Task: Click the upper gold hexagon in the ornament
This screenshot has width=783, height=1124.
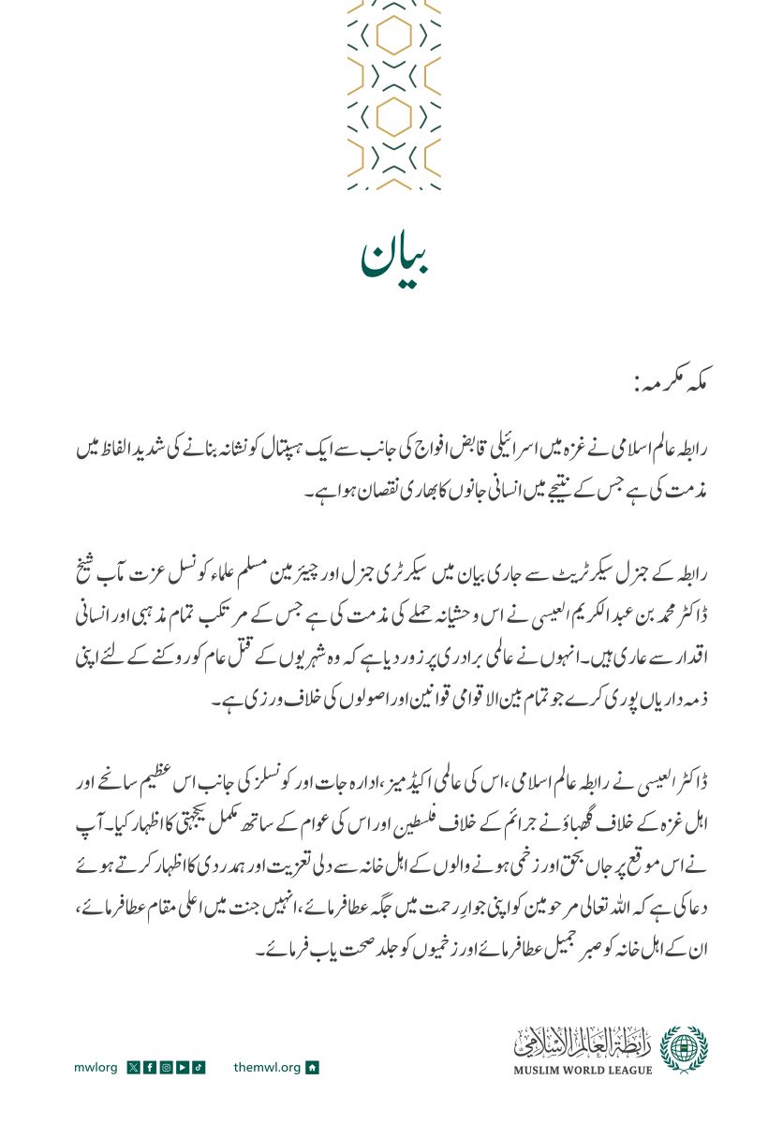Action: [393, 37]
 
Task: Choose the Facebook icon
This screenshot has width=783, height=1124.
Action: [149, 1067]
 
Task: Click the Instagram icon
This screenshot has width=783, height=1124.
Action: [165, 1067]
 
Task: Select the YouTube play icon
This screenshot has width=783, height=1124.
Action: [182, 1067]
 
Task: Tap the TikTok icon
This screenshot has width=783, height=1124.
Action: [199, 1067]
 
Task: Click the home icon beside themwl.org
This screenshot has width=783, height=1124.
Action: [313, 1067]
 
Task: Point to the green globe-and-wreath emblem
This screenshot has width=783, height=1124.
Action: [684, 1048]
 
